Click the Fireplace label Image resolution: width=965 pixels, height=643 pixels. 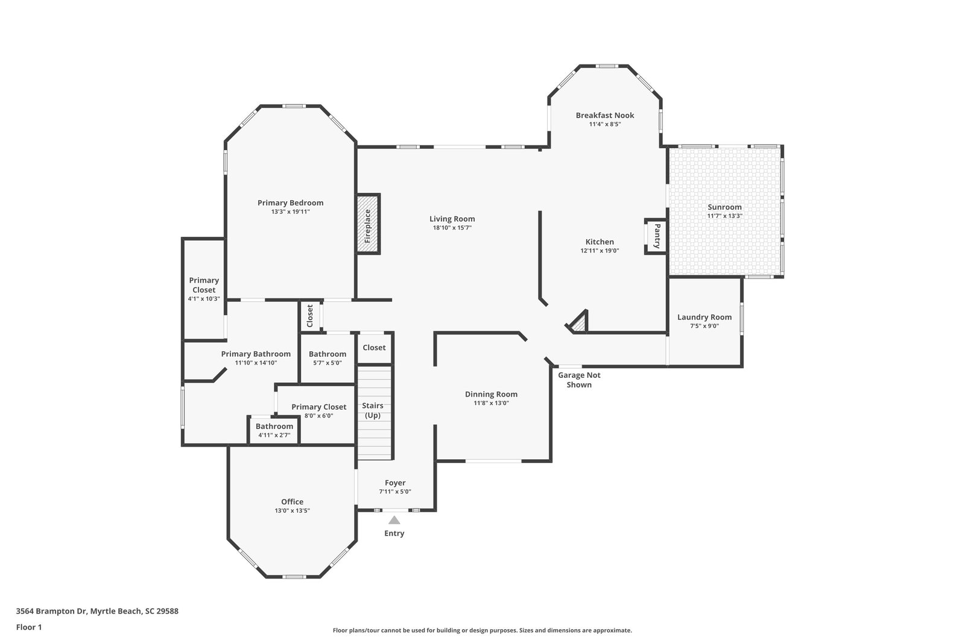(367, 226)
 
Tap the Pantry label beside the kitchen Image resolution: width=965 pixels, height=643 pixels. (657, 236)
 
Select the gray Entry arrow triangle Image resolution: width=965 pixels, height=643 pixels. (394, 520)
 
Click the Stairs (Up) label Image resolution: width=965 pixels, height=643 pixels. (373, 410)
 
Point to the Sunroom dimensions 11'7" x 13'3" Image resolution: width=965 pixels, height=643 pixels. (724, 216)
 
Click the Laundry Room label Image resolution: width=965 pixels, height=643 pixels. (704, 317)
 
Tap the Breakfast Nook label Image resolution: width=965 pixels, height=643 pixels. (605, 115)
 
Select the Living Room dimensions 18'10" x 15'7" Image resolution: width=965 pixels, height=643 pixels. (452, 228)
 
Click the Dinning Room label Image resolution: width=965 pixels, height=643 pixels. (491, 394)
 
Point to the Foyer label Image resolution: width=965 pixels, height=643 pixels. (395, 483)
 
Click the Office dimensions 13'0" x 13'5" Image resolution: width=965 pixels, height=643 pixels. (293, 511)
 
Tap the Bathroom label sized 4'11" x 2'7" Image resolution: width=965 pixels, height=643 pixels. (274, 426)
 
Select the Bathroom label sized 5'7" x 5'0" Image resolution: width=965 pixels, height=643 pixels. (327, 354)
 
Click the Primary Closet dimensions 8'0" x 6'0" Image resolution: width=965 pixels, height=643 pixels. (319, 416)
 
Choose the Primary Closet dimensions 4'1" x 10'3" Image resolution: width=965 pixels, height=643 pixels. (204, 299)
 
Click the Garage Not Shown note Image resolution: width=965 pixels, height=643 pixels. (579, 380)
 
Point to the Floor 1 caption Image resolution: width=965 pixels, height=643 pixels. (29, 627)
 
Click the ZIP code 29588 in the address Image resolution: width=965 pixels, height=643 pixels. (168, 611)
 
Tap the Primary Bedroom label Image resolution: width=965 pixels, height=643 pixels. (290, 202)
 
